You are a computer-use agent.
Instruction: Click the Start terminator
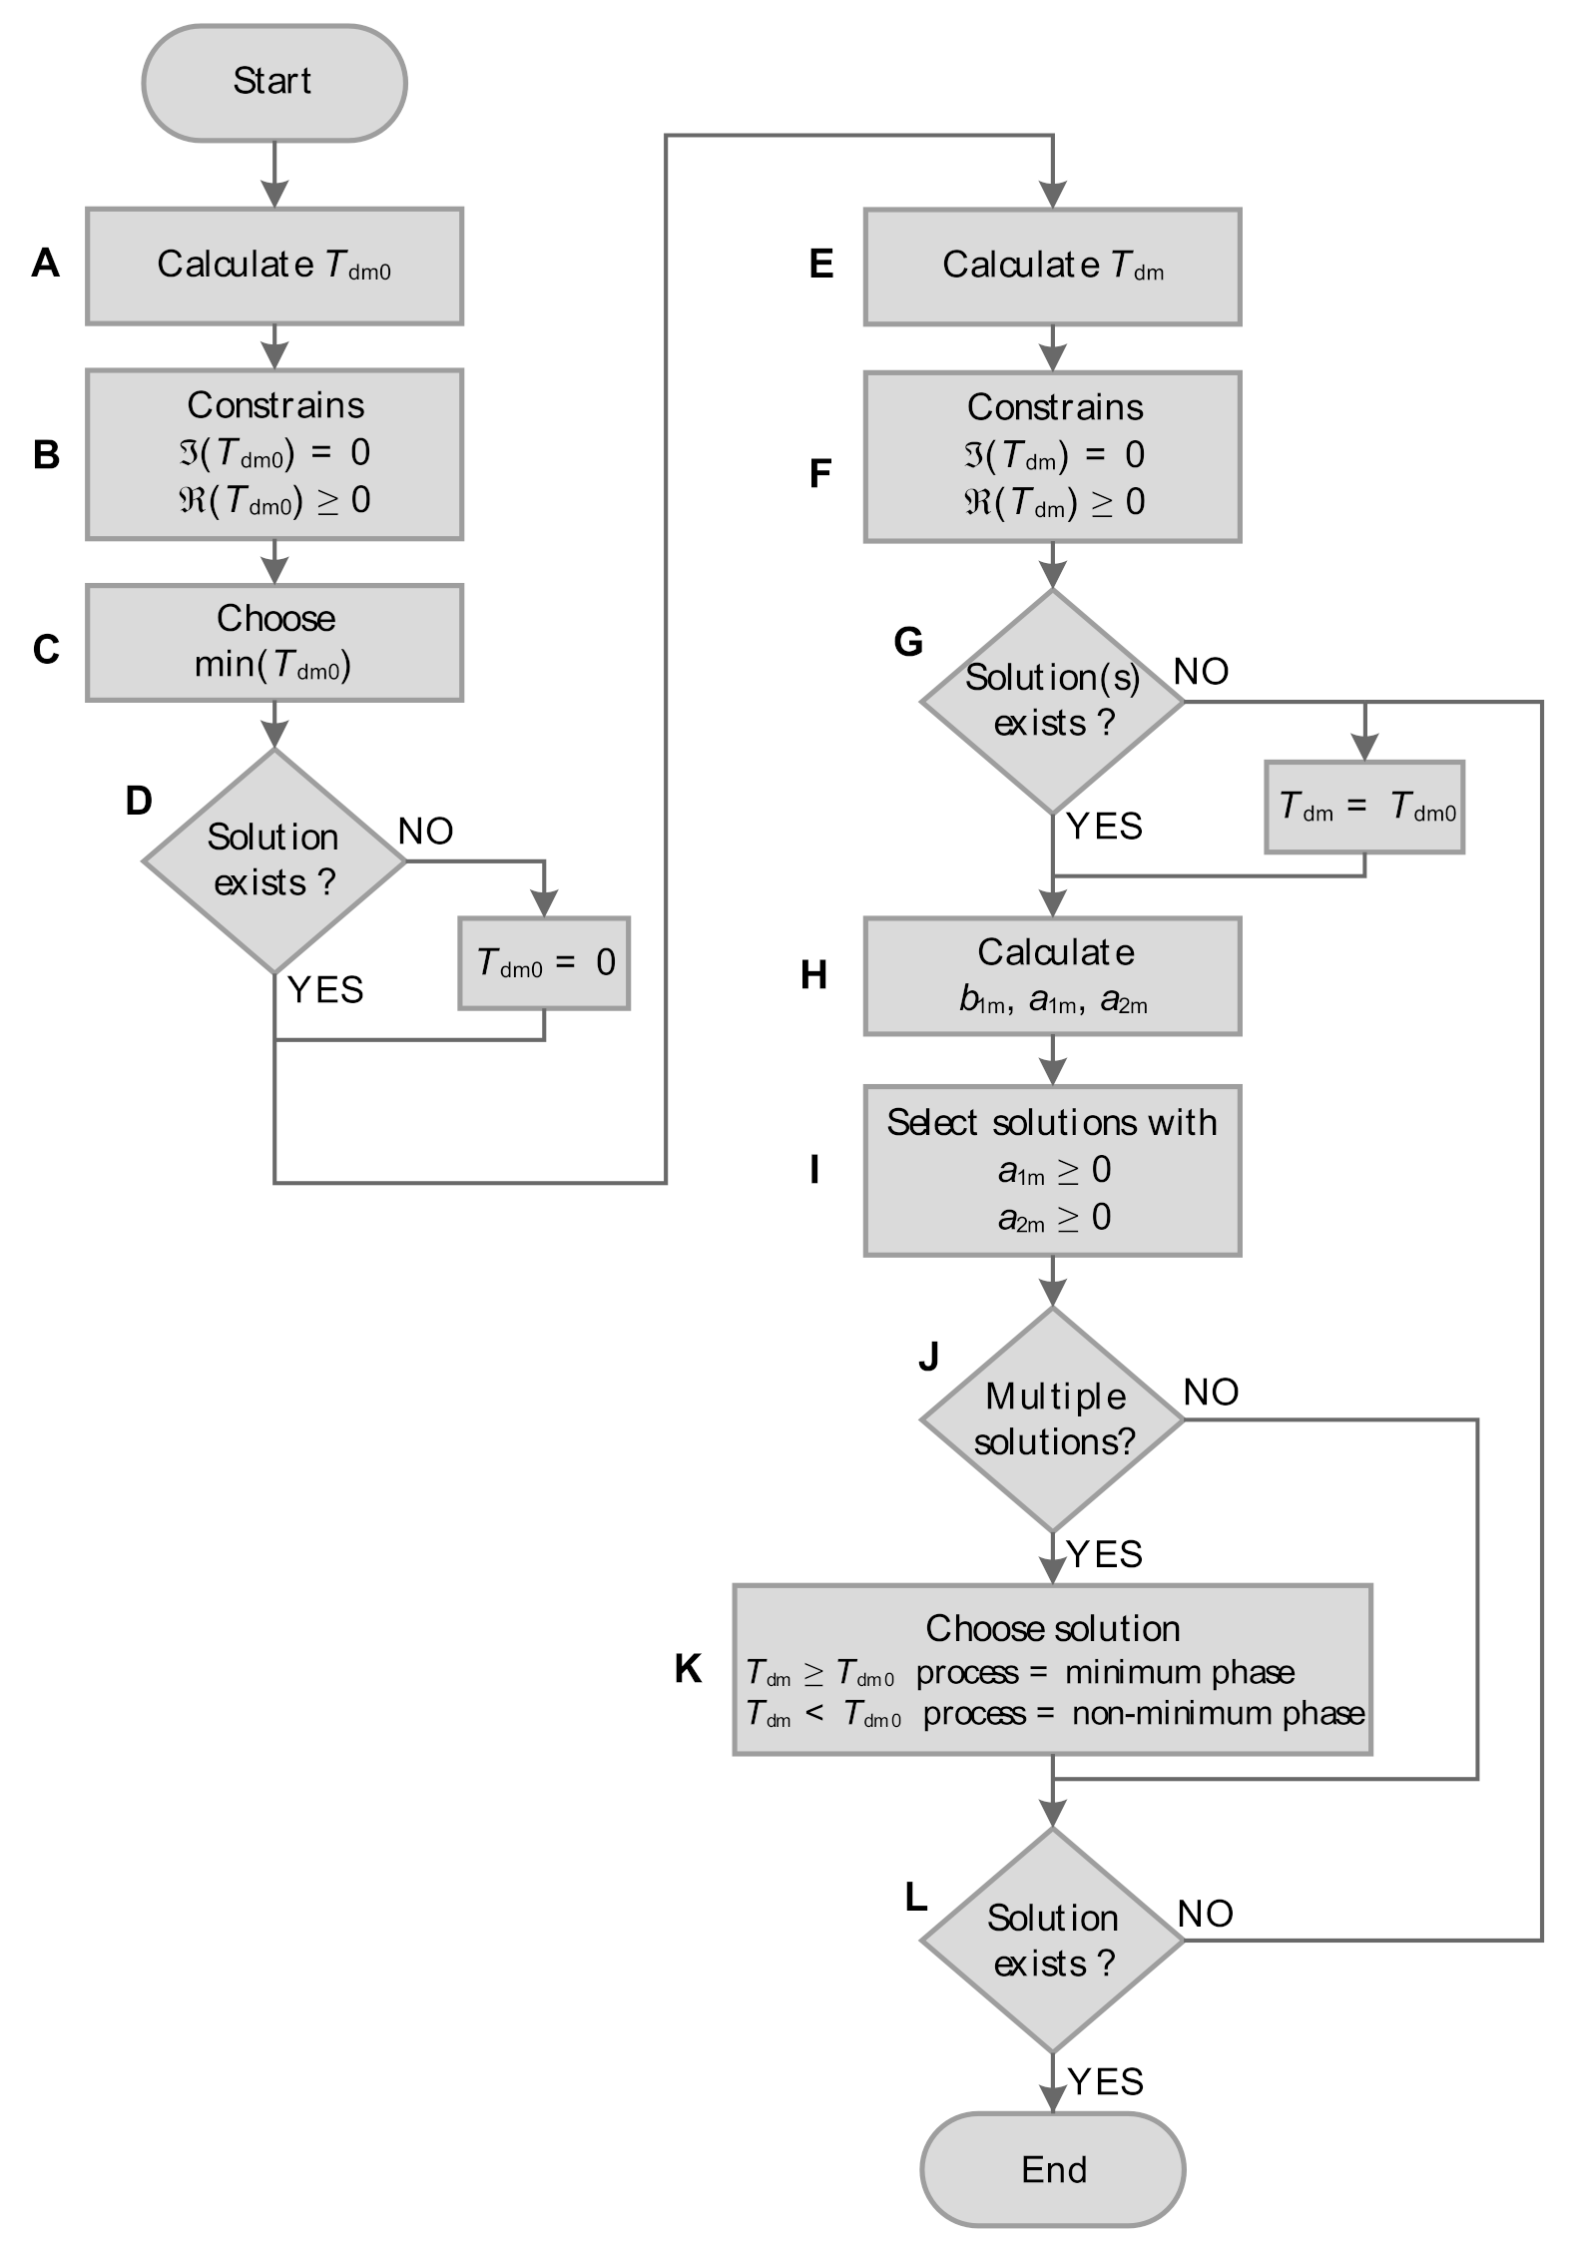coord(273,83)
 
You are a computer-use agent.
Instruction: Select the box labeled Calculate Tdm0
coord(273,266)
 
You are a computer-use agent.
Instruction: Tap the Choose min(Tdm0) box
coord(273,642)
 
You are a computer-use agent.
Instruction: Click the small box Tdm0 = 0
coord(544,962)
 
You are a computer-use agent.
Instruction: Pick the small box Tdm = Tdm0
coord(1363,807)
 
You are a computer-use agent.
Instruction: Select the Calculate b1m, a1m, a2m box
coord(1052,975)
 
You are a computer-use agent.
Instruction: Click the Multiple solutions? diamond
coord(1052,1418)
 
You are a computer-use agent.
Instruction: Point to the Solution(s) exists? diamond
coord(1052,701)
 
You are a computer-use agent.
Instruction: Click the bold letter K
coord(688,1668)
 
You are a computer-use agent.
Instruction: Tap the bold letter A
coord(46,264)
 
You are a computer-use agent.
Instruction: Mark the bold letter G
coord(907,642)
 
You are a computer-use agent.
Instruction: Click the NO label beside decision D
coord(425,831)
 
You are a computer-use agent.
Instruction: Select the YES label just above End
coord(1105,2081)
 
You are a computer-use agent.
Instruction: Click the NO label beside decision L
coord(1205,1914)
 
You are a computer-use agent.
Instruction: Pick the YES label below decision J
coord(1104,1554)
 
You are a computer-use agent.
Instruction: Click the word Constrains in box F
coord(1054,407)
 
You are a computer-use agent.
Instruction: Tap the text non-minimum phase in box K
coord(1218,1713)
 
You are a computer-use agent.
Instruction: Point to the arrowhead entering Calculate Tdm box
coord(1053,196)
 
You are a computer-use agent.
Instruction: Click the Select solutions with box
coord(1052,1169)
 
